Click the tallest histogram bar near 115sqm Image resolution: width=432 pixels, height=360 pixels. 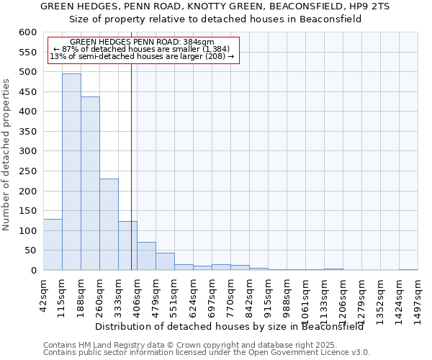coord(71,173)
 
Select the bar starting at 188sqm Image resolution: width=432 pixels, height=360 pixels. coord(90,184)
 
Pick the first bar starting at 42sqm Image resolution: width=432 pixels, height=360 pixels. coord(53,245)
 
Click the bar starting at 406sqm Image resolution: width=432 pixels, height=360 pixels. coord(146,256)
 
